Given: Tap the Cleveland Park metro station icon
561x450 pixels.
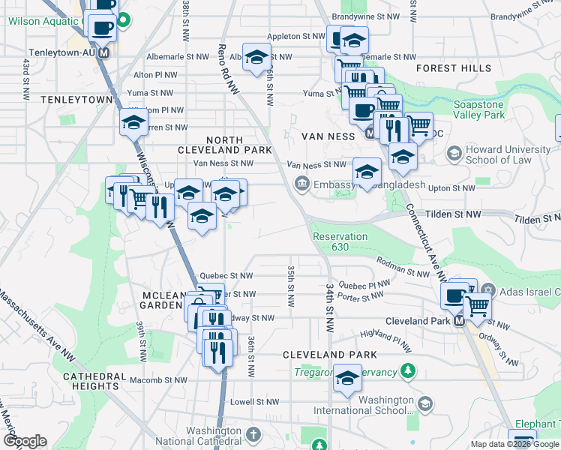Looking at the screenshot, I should pos(460,320).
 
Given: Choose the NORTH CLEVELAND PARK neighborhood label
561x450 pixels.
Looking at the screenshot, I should pos(235,145).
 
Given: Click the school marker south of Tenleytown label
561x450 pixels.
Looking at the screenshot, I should pos(134,123).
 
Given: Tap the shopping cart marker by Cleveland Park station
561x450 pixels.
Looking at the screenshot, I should pos(477,304).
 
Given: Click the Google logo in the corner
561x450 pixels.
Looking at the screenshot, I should pos(24,441).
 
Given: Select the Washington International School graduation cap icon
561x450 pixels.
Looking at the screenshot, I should pos(424,405).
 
